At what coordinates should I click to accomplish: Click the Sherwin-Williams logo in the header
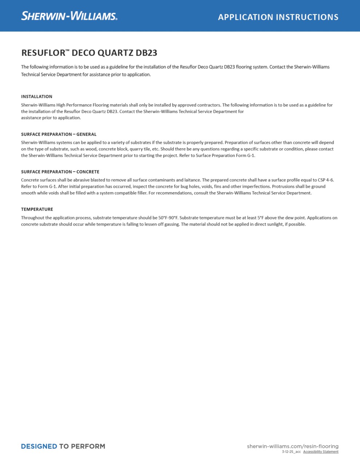click(x=69, y=16)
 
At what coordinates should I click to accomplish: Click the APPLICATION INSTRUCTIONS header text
click(x=278, y=17)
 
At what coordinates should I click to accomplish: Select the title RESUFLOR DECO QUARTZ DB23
click(x=89, y=53)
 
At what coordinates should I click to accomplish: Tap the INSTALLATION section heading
click(x=37, y=97)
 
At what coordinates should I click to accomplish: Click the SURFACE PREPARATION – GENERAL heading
click(x=59, y=134)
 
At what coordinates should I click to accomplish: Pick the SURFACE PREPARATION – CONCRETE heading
click(x=60, y=172)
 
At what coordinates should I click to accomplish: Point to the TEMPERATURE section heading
click(x=37, y=209)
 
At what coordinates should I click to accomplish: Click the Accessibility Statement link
click(x=321, y=452)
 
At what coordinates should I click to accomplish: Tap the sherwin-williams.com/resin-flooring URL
click(x=292, y=446)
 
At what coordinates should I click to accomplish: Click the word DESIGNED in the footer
click(x=39, y=446)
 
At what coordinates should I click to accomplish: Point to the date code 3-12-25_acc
click(x=291, y=452)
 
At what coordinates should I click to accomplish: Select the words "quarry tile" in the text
click(x=140, y=149)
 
